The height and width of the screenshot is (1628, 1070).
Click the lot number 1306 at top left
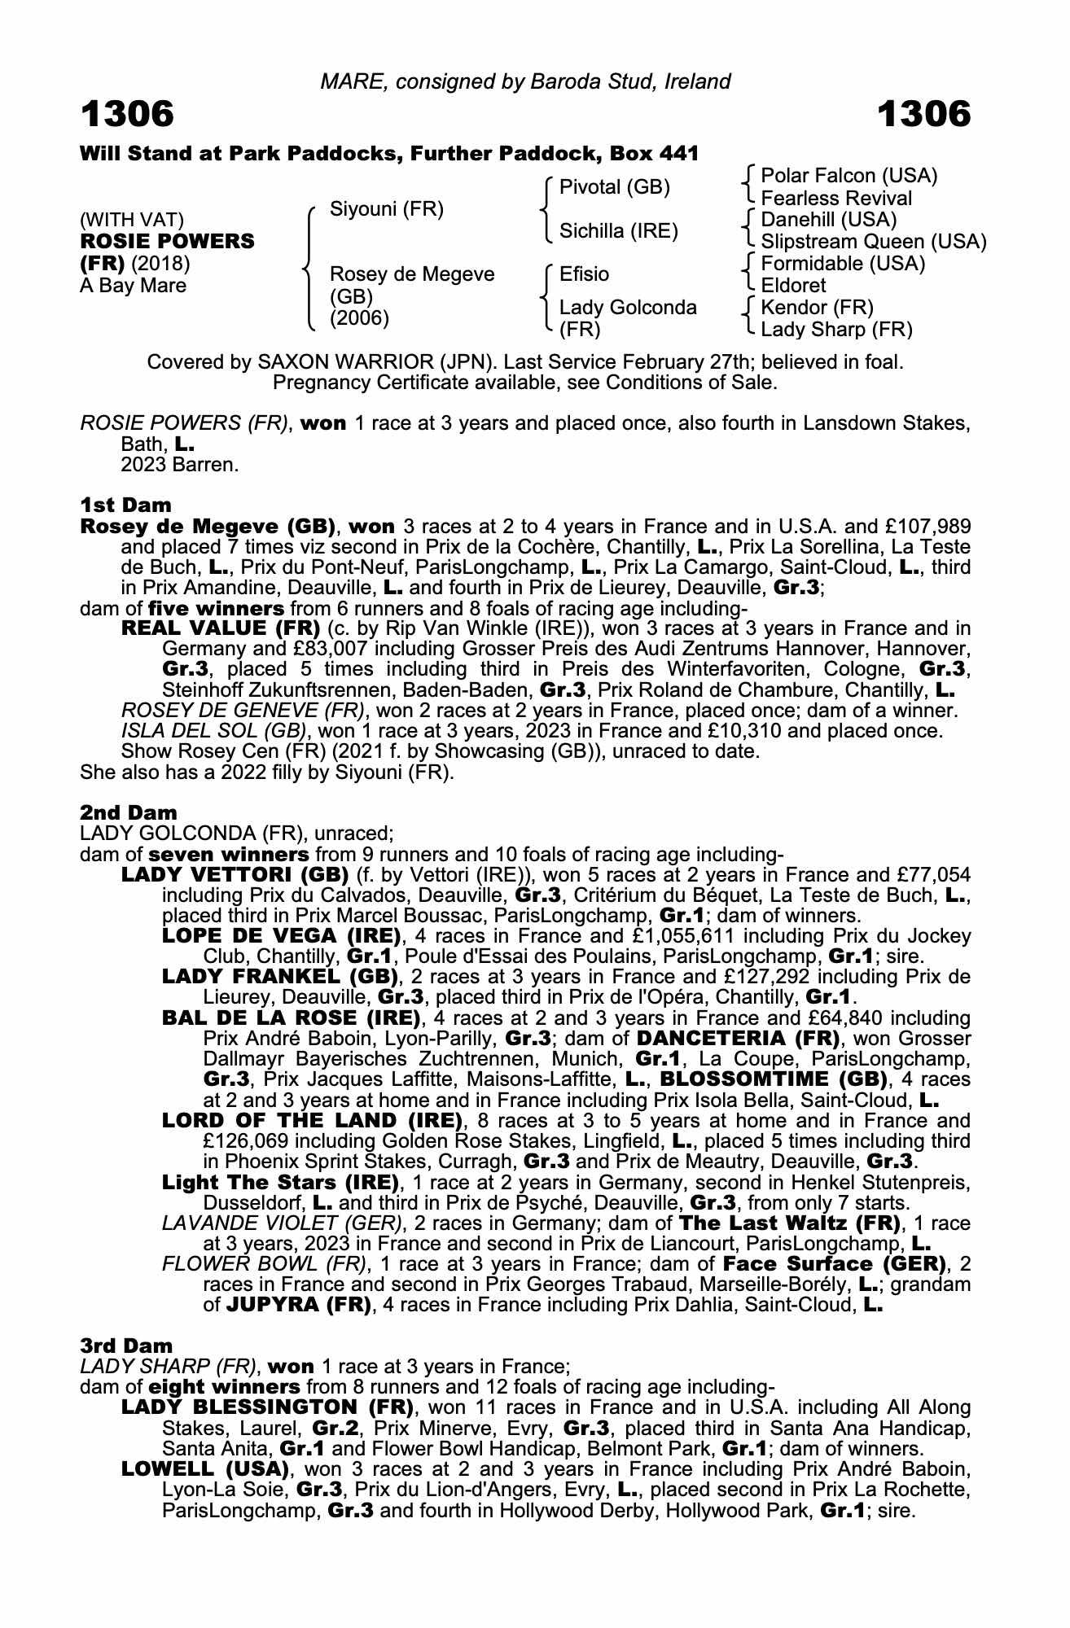[x=127, y=115]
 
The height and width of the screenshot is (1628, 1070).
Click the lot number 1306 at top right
[x=923, y=115]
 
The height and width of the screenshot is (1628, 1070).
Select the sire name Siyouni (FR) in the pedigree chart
[x=386, y=210]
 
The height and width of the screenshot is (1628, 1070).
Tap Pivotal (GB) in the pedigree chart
[x=614, y=187]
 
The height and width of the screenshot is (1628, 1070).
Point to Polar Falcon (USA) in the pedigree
[x=848, y=176]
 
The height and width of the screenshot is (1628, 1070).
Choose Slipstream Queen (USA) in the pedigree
[x=873, y=242]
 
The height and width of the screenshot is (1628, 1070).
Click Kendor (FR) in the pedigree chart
[x=816, y=308]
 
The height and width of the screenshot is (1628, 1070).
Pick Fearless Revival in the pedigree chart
[x=835, y=199]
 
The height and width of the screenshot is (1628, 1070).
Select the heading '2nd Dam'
[x=128, y=813]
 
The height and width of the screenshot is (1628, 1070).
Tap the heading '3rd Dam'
[x=126, y=1346]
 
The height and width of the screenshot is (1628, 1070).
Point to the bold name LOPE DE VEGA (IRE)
[x=281, y=936]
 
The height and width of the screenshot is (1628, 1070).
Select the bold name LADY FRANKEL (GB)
[x=280, y=977]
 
